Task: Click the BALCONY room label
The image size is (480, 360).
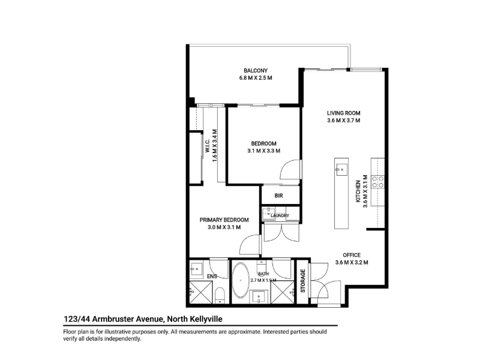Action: click(x=256, y=70)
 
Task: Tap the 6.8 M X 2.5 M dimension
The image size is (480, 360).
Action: click(x=256, y=78)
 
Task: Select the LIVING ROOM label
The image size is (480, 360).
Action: click(x=343, y=113)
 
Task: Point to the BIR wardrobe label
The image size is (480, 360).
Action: click(x=278, y=196)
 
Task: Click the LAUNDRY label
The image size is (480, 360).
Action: click(x=280, y=215)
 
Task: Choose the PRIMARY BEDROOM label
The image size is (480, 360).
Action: click(x=224, y=220)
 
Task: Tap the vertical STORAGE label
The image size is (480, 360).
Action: click(x=303, y=281)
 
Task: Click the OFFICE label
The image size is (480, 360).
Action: click(x=352, y=255)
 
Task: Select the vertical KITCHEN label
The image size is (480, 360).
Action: click(x=358, y=191)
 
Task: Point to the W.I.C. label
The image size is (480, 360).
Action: click(x=207, y=146)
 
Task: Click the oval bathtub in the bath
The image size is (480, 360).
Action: click(x=241, y=280)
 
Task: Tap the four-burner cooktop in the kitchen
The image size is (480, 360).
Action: click(x=378, y=182)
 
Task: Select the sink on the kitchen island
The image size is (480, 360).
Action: click(x=341, y=170)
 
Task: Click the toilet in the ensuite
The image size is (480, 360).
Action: click(x=220, y=295)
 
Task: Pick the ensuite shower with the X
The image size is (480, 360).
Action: click(x=201, y=292)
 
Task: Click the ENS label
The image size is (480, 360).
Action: click(x=212, y=277)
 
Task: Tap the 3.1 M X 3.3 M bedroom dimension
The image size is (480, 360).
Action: click(x=263, y=151)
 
